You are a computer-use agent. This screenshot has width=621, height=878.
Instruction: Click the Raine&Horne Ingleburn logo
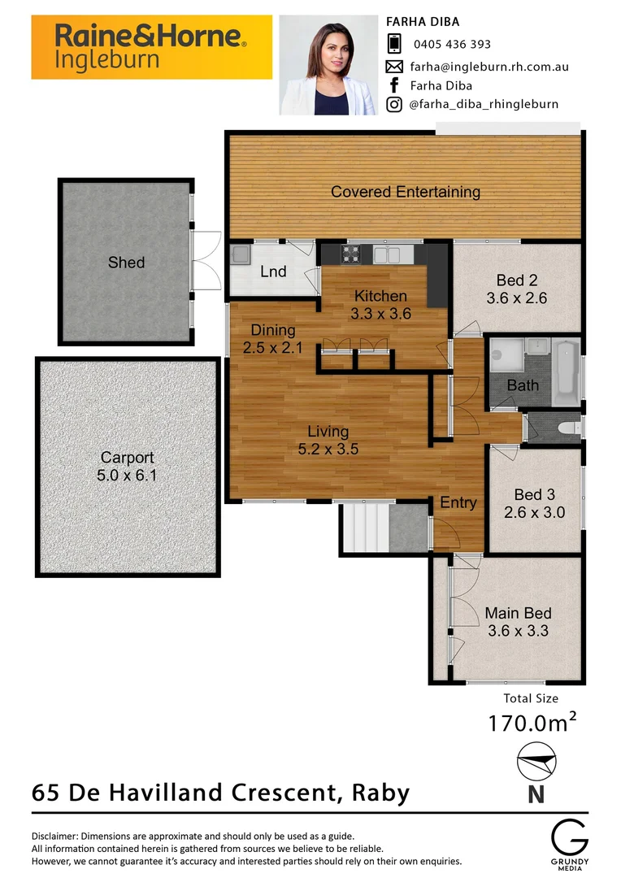tap(151, 46)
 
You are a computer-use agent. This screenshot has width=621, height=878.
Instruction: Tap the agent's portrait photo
tap(328, 65)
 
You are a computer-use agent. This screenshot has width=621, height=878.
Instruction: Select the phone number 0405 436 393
tap(452, 45)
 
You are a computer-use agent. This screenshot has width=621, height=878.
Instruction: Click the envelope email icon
tap(394, 66)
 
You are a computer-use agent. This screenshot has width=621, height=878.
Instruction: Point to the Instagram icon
tap(394, 104)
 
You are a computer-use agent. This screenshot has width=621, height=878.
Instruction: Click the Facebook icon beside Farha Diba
tap(394, 85)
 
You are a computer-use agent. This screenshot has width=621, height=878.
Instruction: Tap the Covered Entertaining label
tap(405, 193)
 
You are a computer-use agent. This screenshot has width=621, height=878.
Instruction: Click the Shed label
tap(126, 263)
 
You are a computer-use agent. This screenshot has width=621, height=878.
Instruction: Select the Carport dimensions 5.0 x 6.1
tap(127, 476)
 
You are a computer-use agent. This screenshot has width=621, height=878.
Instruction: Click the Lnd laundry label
tap(273, 272)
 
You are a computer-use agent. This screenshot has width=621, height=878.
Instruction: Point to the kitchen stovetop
tap(351, 254)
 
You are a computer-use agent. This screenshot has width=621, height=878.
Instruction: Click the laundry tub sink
tap(241, 255)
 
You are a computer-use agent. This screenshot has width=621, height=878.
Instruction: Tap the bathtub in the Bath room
tap(567, 372)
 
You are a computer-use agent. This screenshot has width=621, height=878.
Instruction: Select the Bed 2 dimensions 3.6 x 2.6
tap(516, 298)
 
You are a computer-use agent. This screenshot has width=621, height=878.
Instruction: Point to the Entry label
tap(458, 503)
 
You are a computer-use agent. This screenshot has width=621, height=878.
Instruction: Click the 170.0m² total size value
tap(532, 722)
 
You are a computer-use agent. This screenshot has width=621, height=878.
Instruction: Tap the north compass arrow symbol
tap(536, 763)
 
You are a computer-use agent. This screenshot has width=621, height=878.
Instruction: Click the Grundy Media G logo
tap(568, 837)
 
